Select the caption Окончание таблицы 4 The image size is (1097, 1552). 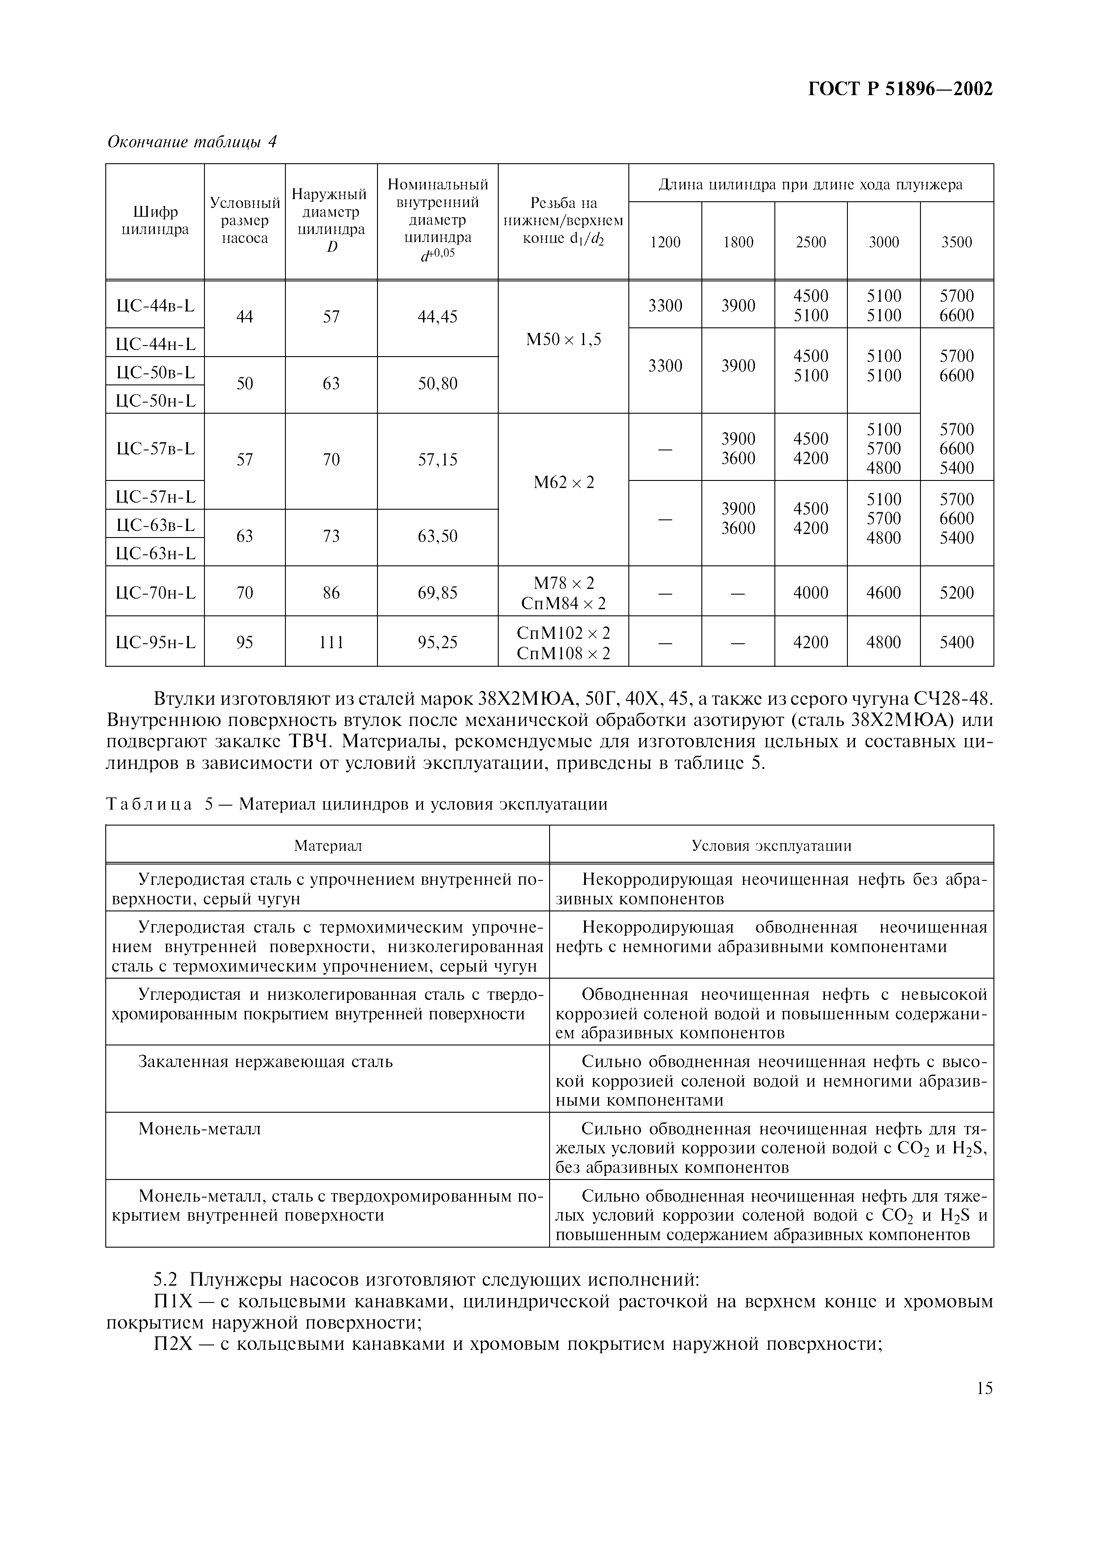coord(192,142)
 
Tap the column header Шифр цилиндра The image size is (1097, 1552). coord(155,221)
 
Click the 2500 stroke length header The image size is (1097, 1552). coord(810,242)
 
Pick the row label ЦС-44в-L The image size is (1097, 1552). coord(155,306)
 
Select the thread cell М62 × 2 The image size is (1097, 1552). coord(563,483)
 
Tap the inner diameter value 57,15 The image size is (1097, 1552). coord(437,460)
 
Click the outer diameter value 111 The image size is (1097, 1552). coord(331,642)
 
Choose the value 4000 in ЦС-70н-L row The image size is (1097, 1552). coord(810,593)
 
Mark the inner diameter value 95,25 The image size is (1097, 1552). coord(437,642)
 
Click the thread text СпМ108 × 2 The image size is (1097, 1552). coord(563,653)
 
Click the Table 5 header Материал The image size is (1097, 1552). coord(328,845)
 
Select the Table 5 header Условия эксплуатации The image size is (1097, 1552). coord(771,845)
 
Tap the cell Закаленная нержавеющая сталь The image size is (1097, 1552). coord(266,1061)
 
